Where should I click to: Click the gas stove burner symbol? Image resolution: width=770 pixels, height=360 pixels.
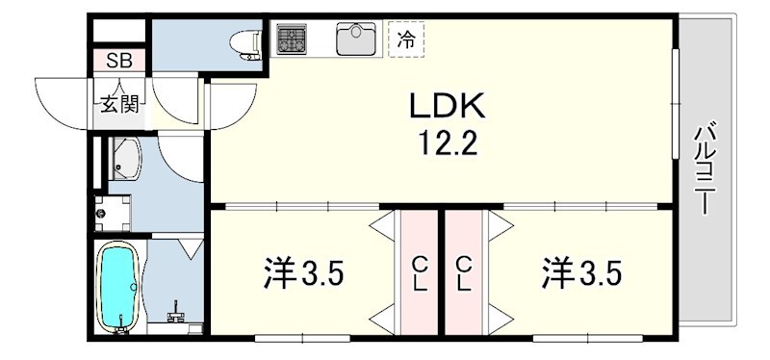pos(292,39)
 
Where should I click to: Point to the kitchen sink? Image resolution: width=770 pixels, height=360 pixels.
pos(356,39)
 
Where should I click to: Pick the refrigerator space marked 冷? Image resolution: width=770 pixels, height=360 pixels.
pos(406,39)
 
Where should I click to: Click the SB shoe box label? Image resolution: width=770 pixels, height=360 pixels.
pos(119,61)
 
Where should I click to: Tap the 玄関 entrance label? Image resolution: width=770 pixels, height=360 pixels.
pos(119,102)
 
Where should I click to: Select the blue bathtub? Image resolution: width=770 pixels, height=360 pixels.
pos(119,286)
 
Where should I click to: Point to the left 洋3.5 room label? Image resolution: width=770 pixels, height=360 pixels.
pos(303,273)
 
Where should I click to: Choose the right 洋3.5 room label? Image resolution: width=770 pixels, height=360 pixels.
pos(580,273)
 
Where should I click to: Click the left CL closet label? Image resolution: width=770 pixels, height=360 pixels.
pos(420,273)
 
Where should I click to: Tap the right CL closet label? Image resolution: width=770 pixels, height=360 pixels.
pos(464,273)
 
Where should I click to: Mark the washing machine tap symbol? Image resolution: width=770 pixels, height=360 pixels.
pos(101,205)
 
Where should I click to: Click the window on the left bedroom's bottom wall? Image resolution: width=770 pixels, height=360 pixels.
pos(289,337)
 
